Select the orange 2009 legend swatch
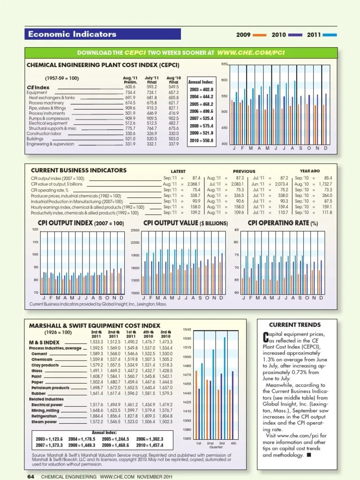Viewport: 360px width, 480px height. tap(262, 35)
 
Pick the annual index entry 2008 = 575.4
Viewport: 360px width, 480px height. tap(201, 126)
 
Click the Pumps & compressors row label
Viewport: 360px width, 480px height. tap(49, 119)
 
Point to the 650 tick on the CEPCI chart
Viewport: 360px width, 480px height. tap(224, 64)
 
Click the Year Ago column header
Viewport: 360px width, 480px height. tap(310, 171)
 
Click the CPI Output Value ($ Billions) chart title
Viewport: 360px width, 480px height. tap(186, 223)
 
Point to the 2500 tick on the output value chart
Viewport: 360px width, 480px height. tap(135, 230)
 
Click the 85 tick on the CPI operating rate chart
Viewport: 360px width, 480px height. tap(237, 230)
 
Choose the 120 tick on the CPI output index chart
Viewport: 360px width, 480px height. tap(35, 229)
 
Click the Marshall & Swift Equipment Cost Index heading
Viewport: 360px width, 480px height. tap(95, 325)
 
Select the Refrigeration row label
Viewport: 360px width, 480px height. tap(44, 416)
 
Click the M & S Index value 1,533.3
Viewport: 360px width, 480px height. tap(96, 342)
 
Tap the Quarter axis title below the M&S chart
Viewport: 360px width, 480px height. tap(216, 447)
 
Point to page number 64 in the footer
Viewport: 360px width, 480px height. tap(31, 476)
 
